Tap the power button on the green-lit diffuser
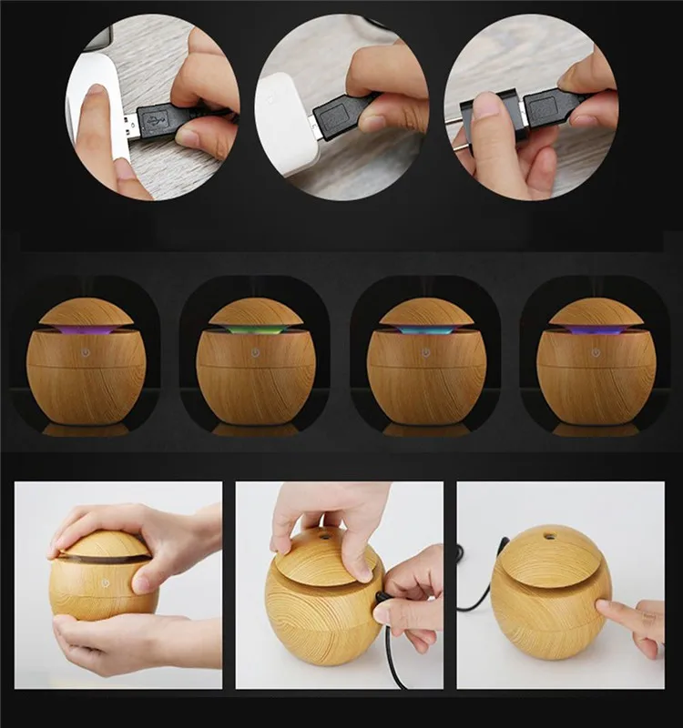click(x=255, y=351)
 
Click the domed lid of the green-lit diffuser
click(x=256, y=312)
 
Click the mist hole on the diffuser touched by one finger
click(x=550, y=537)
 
